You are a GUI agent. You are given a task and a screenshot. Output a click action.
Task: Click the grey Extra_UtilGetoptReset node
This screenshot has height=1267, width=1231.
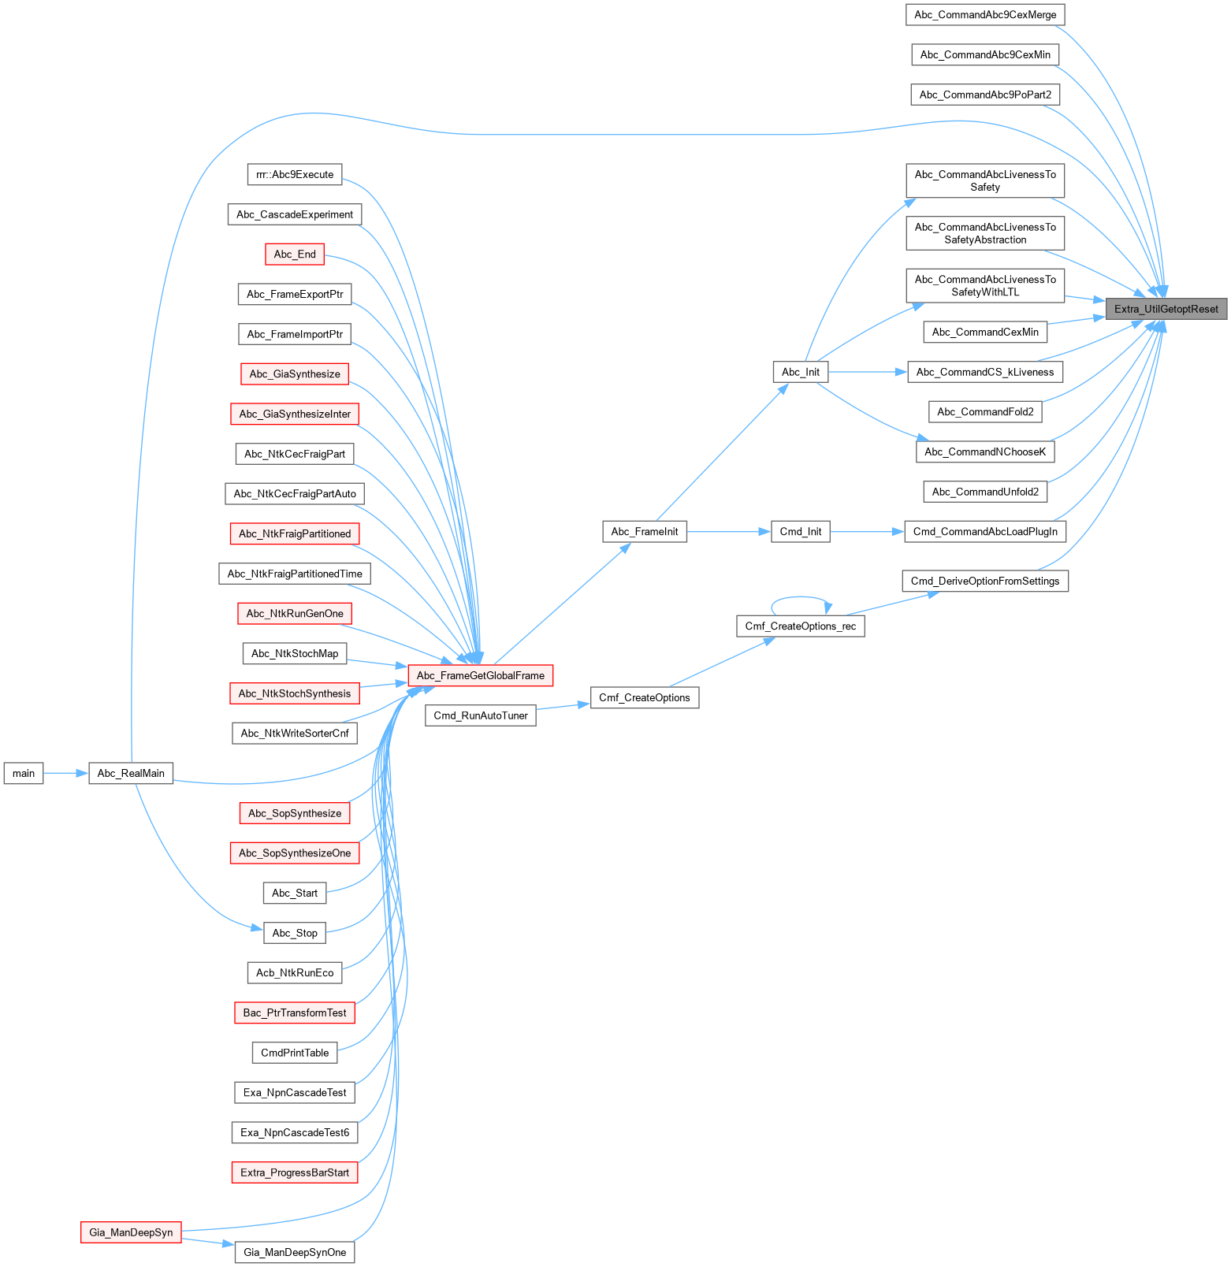tap(1166, 309)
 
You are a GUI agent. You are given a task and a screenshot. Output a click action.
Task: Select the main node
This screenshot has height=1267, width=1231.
tap(24, 773)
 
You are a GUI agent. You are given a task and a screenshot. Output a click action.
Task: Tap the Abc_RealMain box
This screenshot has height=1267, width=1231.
tap(131, 773)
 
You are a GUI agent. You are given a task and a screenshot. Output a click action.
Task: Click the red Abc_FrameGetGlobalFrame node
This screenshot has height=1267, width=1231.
tap(480, 675)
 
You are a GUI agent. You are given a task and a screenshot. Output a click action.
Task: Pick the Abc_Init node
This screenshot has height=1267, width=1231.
tap(801, 372)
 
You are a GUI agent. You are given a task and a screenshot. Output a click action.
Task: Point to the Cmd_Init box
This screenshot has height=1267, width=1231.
tap(800, 532)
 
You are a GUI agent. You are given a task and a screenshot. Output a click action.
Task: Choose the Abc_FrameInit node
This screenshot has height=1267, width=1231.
tap(644, 532)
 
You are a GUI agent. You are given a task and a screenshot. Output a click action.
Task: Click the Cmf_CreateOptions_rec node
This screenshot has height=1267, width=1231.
tap(800, 626)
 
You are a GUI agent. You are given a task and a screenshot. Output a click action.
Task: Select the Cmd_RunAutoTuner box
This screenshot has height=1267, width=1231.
tap(481, 715)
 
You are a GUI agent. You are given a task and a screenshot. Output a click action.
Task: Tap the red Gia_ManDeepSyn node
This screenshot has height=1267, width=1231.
tap(131, 1232)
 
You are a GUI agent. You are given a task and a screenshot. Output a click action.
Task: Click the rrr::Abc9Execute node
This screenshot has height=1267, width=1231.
tap(295, 174)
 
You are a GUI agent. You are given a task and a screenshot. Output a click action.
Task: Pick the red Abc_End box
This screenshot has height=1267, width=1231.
tap(295, 255)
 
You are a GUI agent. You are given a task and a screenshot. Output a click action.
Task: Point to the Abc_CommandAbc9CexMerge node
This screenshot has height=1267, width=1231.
tap(985, 15)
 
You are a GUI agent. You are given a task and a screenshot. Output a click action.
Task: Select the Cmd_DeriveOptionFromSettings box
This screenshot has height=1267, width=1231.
tap(985, 581)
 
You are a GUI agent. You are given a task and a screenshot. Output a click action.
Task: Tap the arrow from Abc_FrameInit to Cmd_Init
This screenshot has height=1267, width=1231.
tap(728, 532)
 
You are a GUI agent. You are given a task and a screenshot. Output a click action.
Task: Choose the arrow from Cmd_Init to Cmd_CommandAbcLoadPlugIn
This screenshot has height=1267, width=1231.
tap(866, 532)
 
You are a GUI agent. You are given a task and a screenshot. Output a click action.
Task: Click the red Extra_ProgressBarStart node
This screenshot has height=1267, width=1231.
tap(295, 1172)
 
